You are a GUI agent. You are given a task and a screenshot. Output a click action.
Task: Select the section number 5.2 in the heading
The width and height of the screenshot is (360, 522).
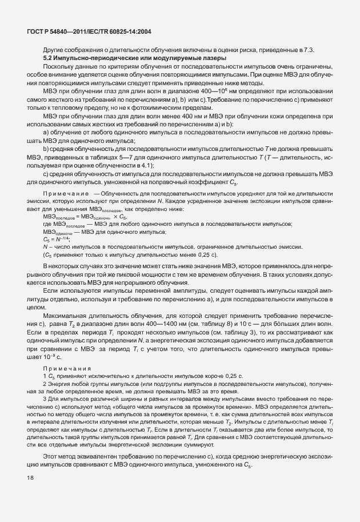[50, 58]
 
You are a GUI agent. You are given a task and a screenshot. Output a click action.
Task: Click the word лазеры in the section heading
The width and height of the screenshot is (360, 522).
[214, 58]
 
